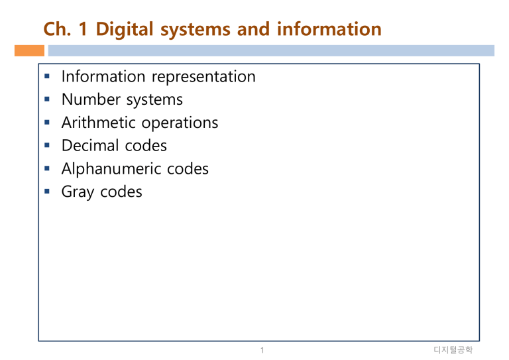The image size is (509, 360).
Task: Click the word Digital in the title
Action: click(125, 29)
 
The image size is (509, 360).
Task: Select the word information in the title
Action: click(329, 29)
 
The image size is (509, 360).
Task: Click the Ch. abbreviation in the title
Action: click(57, 29)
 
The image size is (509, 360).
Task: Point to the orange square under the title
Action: click(30, 50)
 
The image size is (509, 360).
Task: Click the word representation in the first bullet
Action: click(203, 78)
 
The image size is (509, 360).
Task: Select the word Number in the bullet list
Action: click(91, 99)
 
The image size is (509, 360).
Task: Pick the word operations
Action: click(180, 123)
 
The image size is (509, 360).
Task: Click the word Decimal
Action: click(90, 145)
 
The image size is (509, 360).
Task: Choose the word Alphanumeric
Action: click(111, 169)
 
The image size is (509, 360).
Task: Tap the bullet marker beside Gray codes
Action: click(47, 191)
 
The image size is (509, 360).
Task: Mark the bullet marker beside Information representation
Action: click(47, 76)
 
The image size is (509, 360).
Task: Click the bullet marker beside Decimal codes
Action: click(47, 145)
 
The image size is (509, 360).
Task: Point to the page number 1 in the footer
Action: click(262, 350)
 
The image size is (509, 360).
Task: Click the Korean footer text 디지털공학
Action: click(453, 350)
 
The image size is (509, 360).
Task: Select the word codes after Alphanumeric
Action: click(188, 169)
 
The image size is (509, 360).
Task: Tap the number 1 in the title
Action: click(83, 29)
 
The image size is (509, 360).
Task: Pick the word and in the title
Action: click(253, 29)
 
